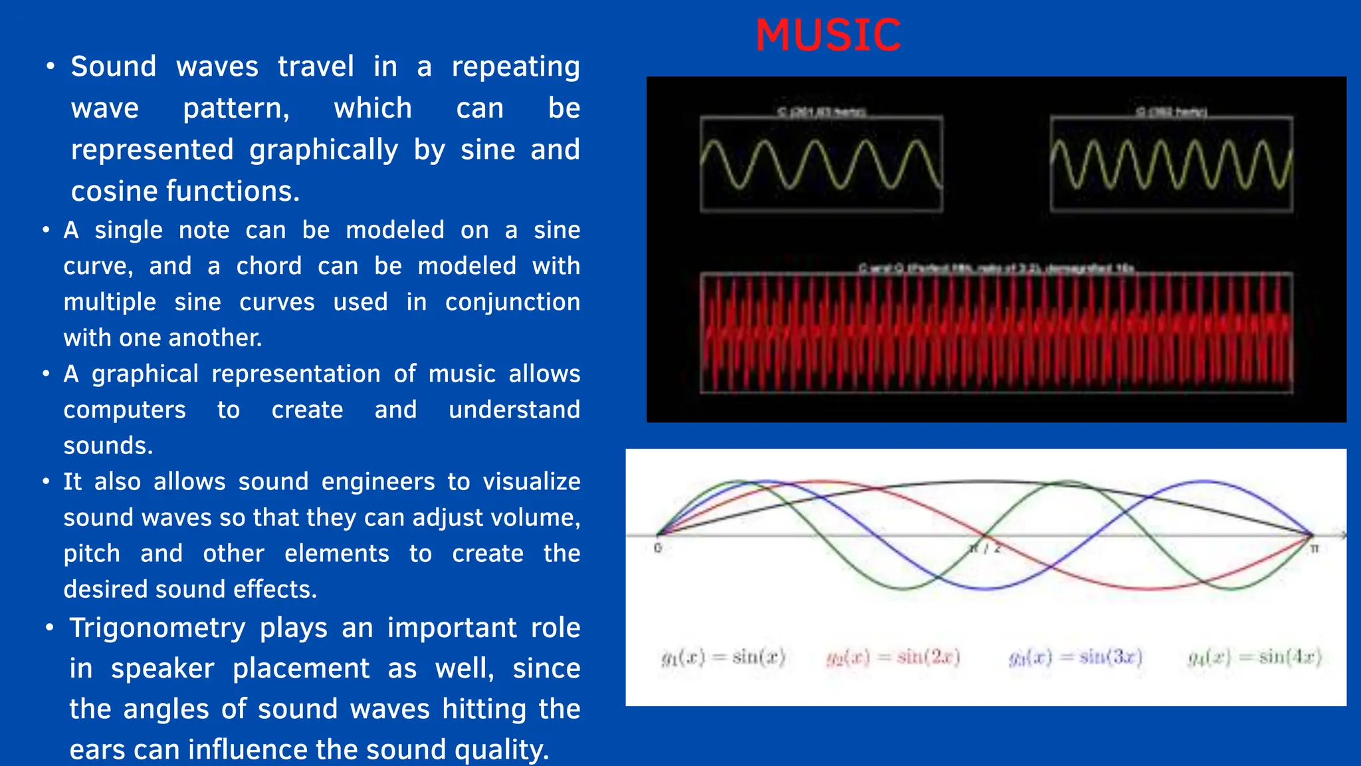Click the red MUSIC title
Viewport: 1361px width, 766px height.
[828, 35]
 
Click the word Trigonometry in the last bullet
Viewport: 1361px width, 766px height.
[157, 628]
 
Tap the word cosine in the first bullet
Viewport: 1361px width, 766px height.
[114, 191]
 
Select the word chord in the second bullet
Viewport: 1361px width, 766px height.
[268, 266]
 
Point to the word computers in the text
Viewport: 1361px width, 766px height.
[124, 410]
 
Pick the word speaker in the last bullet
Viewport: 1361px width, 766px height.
[162, 668]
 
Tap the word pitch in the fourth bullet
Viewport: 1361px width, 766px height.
[92, 553]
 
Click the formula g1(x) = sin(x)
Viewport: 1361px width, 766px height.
[723, 657]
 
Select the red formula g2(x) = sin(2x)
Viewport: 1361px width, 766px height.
[893, 657]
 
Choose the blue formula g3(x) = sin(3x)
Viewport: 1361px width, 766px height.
[1075, 657]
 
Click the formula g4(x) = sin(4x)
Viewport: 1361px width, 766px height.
[1255, 657]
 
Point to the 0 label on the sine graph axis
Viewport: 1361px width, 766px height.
[658, 548]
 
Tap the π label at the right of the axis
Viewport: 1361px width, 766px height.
[1314, 549]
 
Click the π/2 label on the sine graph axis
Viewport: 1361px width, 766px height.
[985, 549]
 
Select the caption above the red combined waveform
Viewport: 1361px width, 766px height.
[995, 268]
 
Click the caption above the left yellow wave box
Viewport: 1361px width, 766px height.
[821, 112]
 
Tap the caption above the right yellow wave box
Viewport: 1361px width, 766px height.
[1171, 112]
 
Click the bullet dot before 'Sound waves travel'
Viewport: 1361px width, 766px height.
[50, 66]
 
